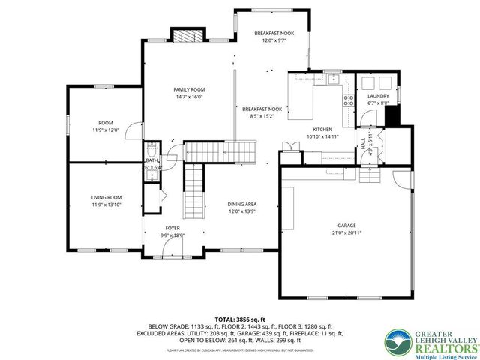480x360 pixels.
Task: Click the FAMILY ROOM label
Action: pyautogui.click(x=190, y=90)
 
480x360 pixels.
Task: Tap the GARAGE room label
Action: pyautogui.click(x=346, y=226)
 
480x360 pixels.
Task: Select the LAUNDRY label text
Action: pyautogui.click(x=377, y=96)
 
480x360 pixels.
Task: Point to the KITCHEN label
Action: pyautogui.click(x=322, y=130)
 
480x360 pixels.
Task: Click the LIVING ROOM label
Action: pyautogui.click(x=106, y=197)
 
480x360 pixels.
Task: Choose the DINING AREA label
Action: pyautogui.click(x=242, y=204)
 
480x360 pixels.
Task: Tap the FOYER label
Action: pyautogui.click(x=172, y=228)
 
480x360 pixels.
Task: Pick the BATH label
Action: pyautogui.click(x=151, y=160)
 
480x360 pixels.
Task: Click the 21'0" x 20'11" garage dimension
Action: pyautogui.click(x=346, y=233)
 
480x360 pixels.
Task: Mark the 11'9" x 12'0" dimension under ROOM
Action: pyautogui.click(x=106, y=130)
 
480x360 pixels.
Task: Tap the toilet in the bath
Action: pyautogui.click(x=151, y=148)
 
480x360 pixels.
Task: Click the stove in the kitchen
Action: pyautogui.click(x=348, y=100)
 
